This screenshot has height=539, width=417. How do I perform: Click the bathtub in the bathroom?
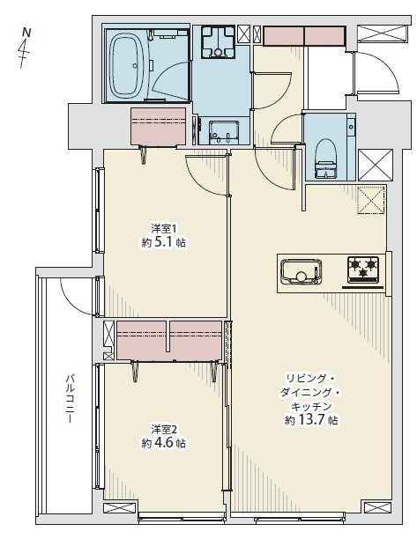[x=126, y=64]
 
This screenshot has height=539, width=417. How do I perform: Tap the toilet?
[x=325, y=159]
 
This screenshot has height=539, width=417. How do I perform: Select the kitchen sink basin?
[x=302, y=271]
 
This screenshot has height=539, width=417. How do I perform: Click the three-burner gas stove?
[x=362, y=269]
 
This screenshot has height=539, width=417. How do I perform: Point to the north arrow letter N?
[x=26, y=33]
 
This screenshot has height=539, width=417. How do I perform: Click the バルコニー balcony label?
[x=70, y=399]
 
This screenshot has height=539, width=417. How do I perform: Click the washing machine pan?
[x=218, y=42]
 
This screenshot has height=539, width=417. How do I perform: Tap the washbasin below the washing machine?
[x=224, y=132]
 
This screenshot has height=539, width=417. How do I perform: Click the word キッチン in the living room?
[x=311, y=407]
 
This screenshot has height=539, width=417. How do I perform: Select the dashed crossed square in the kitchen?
[x=371, y=200]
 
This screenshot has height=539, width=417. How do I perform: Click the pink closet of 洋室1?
[x=159, y=126]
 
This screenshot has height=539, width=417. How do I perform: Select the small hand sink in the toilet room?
[x=351, y=127]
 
